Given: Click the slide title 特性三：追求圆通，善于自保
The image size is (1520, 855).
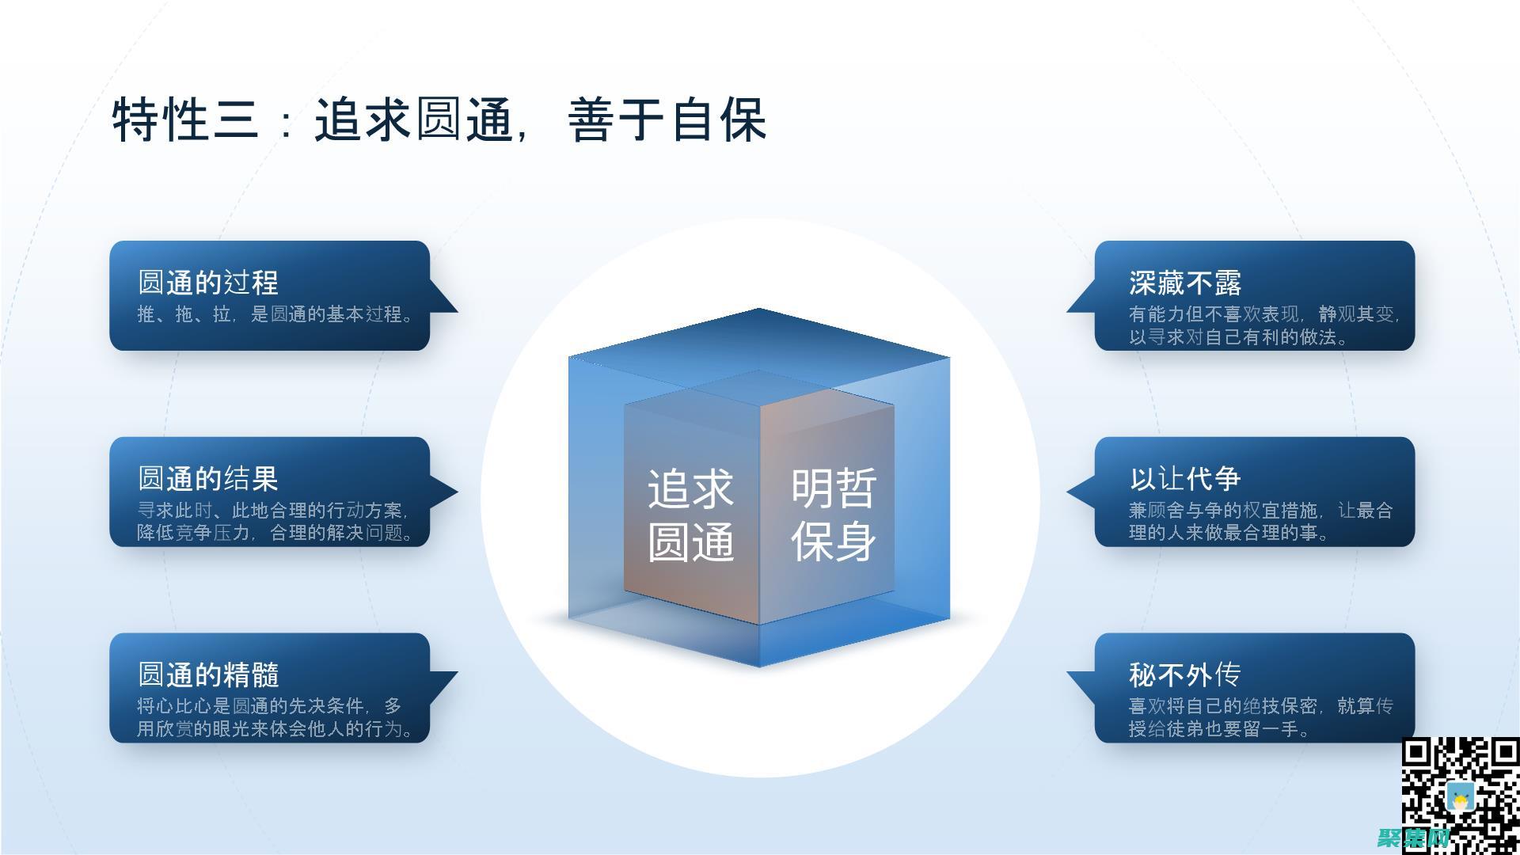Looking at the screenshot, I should click(x=439, y=120).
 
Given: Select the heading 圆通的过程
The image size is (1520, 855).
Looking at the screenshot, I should click(x=208, y=283).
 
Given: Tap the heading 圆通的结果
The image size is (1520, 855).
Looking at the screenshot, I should click(x=208, y=478).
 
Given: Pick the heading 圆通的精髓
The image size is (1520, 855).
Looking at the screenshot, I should click(x=208, y=674).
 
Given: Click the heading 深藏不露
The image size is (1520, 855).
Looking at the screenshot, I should click(x=1185, y=283).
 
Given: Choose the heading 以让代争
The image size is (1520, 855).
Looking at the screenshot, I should click(x=1185, y=478).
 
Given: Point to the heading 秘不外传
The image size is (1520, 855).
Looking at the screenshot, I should click(x=1185, y=674).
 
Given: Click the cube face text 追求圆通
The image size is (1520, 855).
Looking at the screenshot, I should click(x=690, y=515).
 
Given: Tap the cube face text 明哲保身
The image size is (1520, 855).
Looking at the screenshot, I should click(x=834, y=515).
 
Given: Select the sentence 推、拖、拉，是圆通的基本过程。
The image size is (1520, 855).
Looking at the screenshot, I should click(x=275, y=314).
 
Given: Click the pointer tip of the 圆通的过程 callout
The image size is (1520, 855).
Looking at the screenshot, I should click(x=456, y=311).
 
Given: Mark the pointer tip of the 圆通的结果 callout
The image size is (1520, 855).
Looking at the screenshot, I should click(x=457, y=492).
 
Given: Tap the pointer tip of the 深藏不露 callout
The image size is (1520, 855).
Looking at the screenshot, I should click(x=1068, y=311).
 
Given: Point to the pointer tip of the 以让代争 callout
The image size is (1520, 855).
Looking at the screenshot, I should click(x=1068, y=492).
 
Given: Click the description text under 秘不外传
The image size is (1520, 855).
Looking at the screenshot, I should click(x=1260, y=717).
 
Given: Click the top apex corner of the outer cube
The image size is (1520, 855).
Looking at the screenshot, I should click(x=758, y=309).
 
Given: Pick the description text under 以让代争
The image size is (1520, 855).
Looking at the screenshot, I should click(x=1260, y=521).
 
